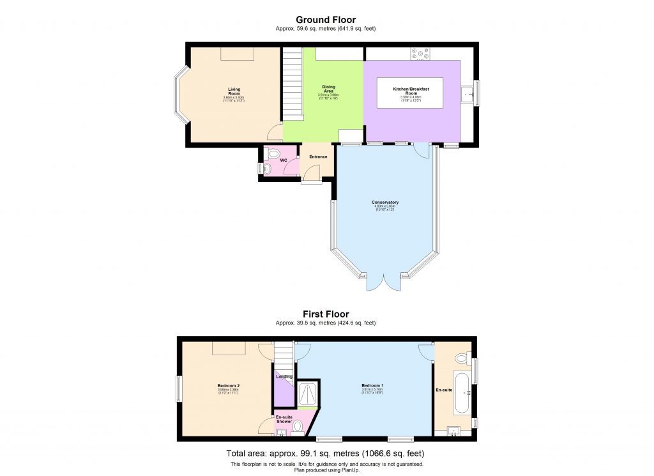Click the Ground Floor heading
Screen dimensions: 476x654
tap(326, 20)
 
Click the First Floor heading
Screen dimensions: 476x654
tap(326, 314)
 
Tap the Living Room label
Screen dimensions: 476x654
tap(234, 91)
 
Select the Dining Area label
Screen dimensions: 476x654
tap(328, 88)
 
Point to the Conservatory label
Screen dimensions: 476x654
tap(385, 203)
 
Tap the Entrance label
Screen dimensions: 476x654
tap(318, 157)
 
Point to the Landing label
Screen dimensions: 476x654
tap(284, 376)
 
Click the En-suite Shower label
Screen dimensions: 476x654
tap(284, 418)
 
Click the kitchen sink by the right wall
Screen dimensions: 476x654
tap(470, 94)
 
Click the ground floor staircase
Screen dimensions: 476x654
tap(292, 84)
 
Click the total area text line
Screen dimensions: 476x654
tap(326, 453)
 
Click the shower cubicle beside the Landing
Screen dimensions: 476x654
tap(308, 392)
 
